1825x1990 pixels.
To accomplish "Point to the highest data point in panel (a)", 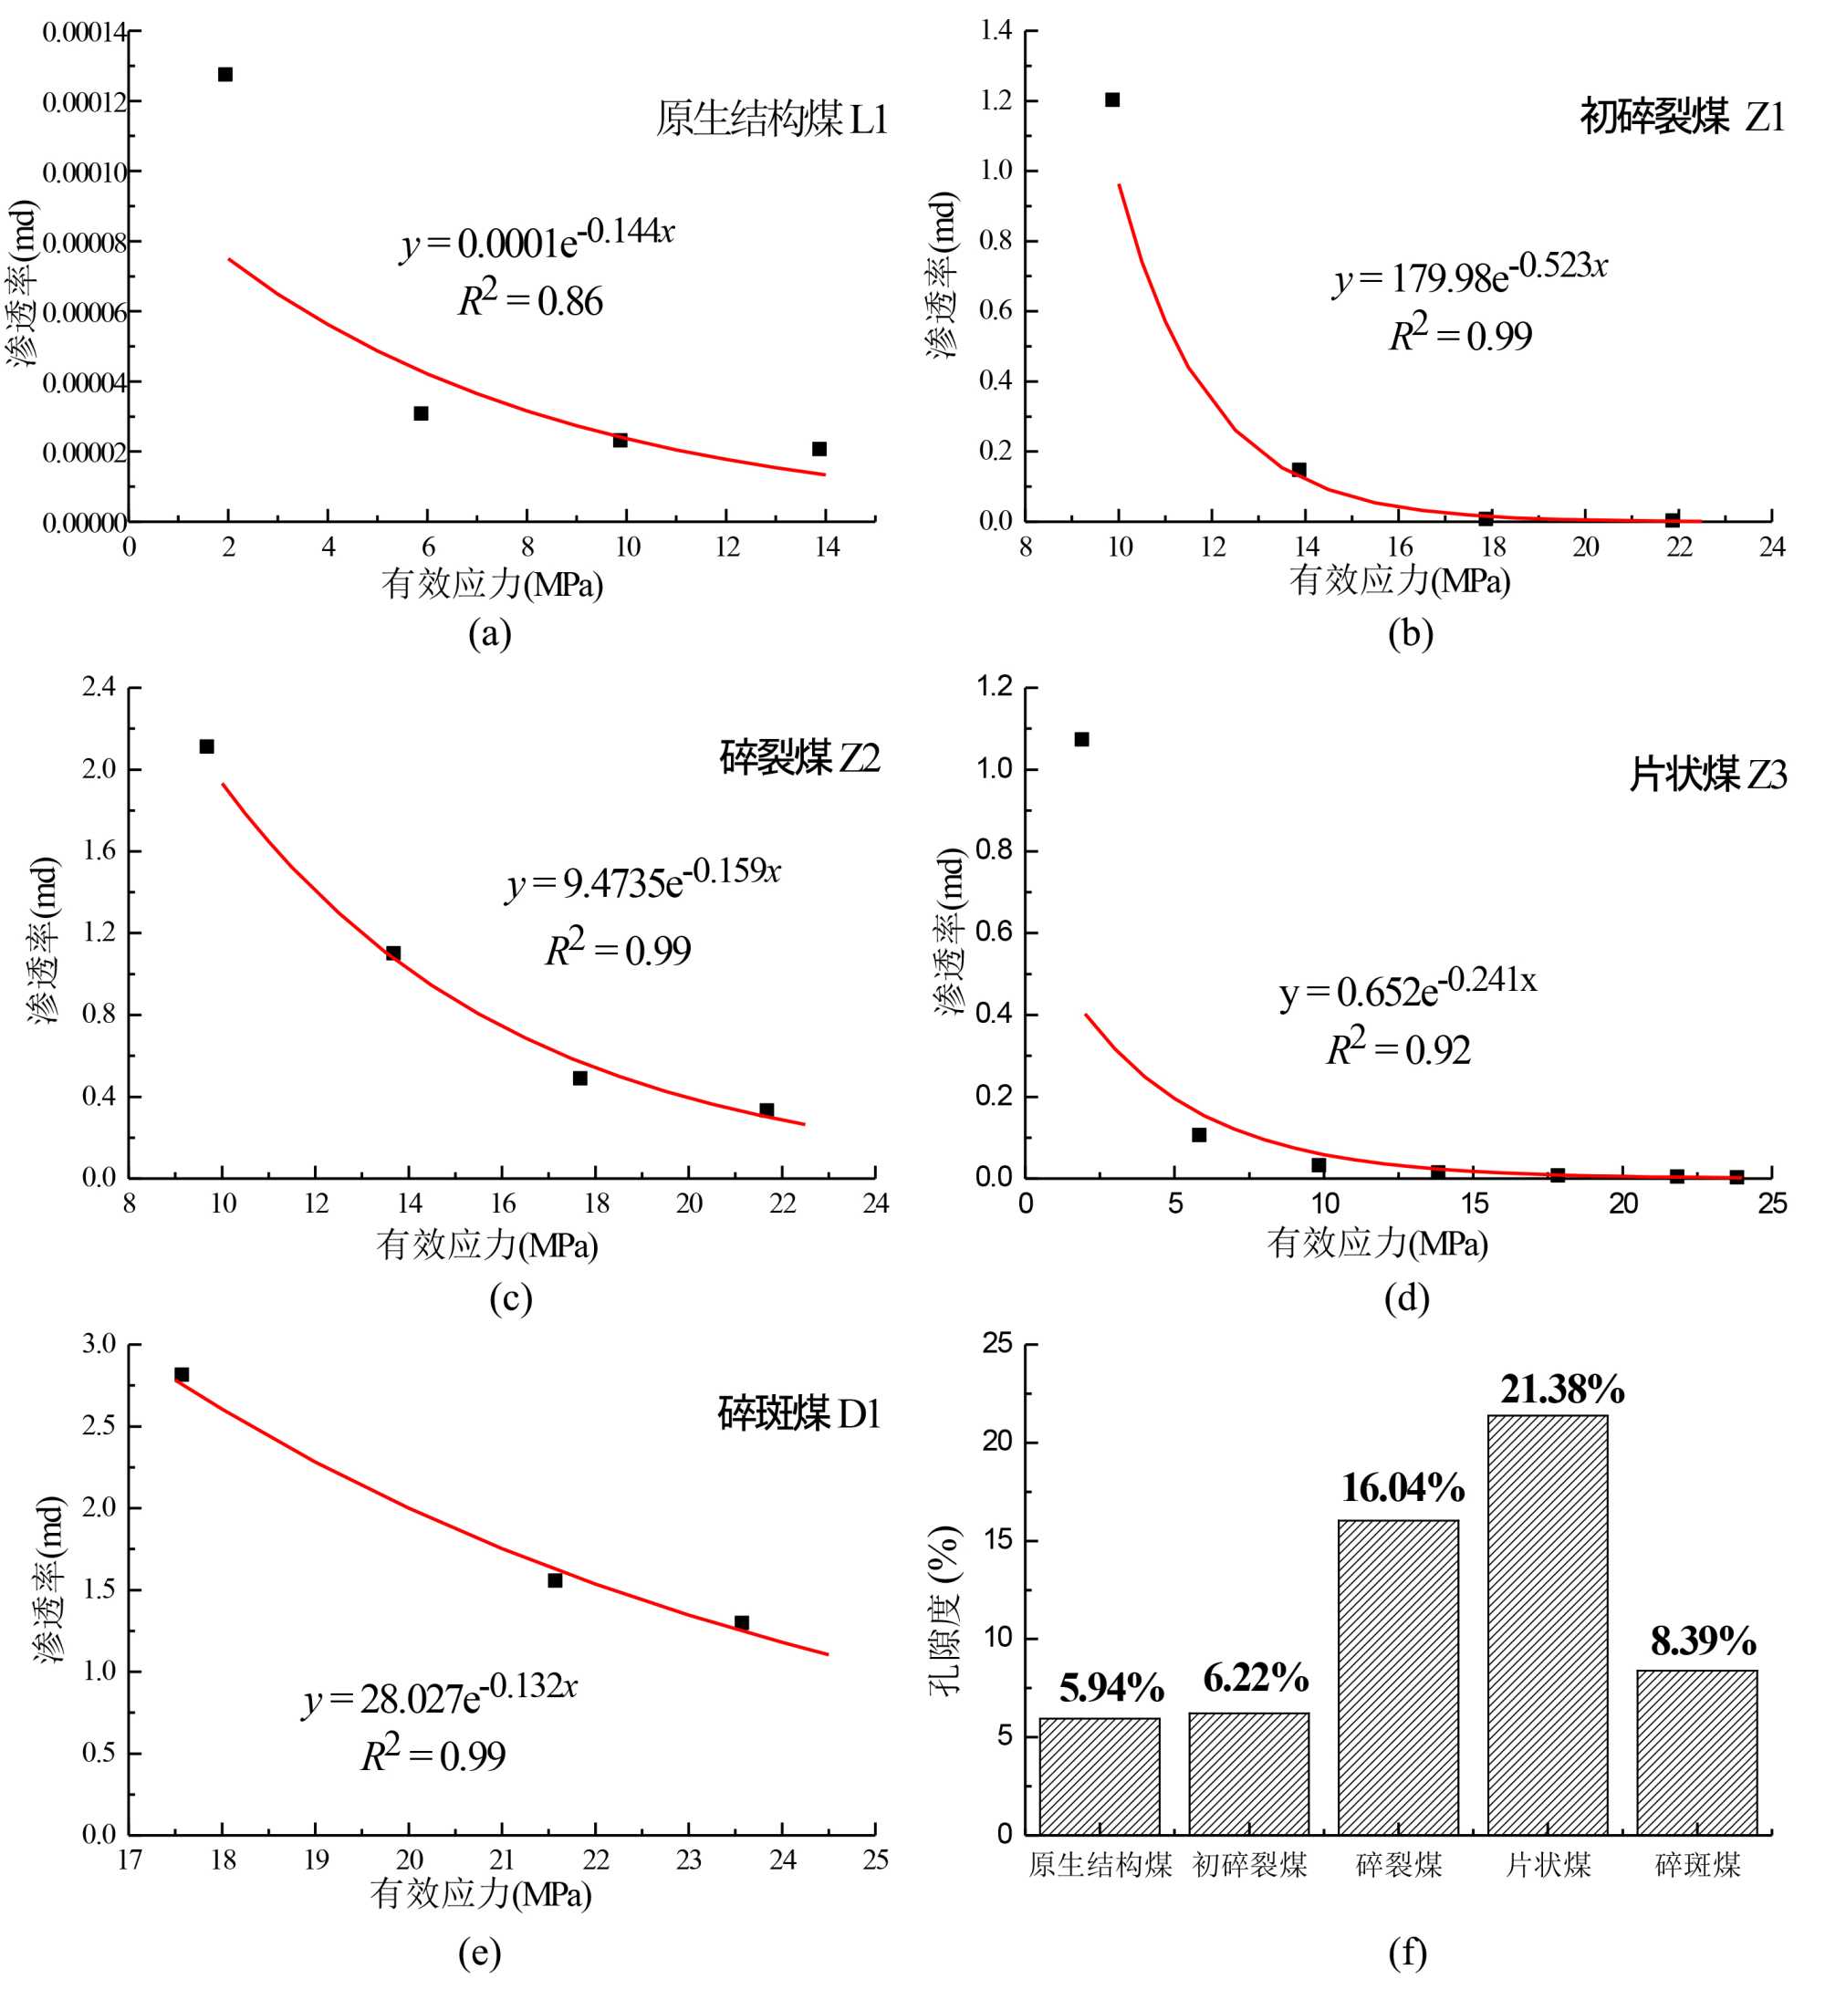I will coord(225,74).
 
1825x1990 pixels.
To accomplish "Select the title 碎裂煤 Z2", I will coord(799,757).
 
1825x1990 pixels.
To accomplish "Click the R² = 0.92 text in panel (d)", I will coord(1397,1048).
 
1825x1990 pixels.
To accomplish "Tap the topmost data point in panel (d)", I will coord(1081,739).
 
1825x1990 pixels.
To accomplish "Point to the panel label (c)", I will coord(511,1297).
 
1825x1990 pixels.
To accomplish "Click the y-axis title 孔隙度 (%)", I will coord(944,1610).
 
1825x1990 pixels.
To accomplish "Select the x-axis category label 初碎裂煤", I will coord(1249,1865).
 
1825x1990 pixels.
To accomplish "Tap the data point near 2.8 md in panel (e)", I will coord(182,1375).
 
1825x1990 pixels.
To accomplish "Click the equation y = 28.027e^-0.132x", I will coord(441,1694).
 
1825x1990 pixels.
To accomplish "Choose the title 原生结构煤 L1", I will coord(771,120).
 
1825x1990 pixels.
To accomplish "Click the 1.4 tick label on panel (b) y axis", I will coord(996,31).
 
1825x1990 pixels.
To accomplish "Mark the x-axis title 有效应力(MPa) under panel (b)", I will coord(1400,580).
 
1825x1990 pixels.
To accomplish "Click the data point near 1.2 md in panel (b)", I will coord(1112,99).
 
